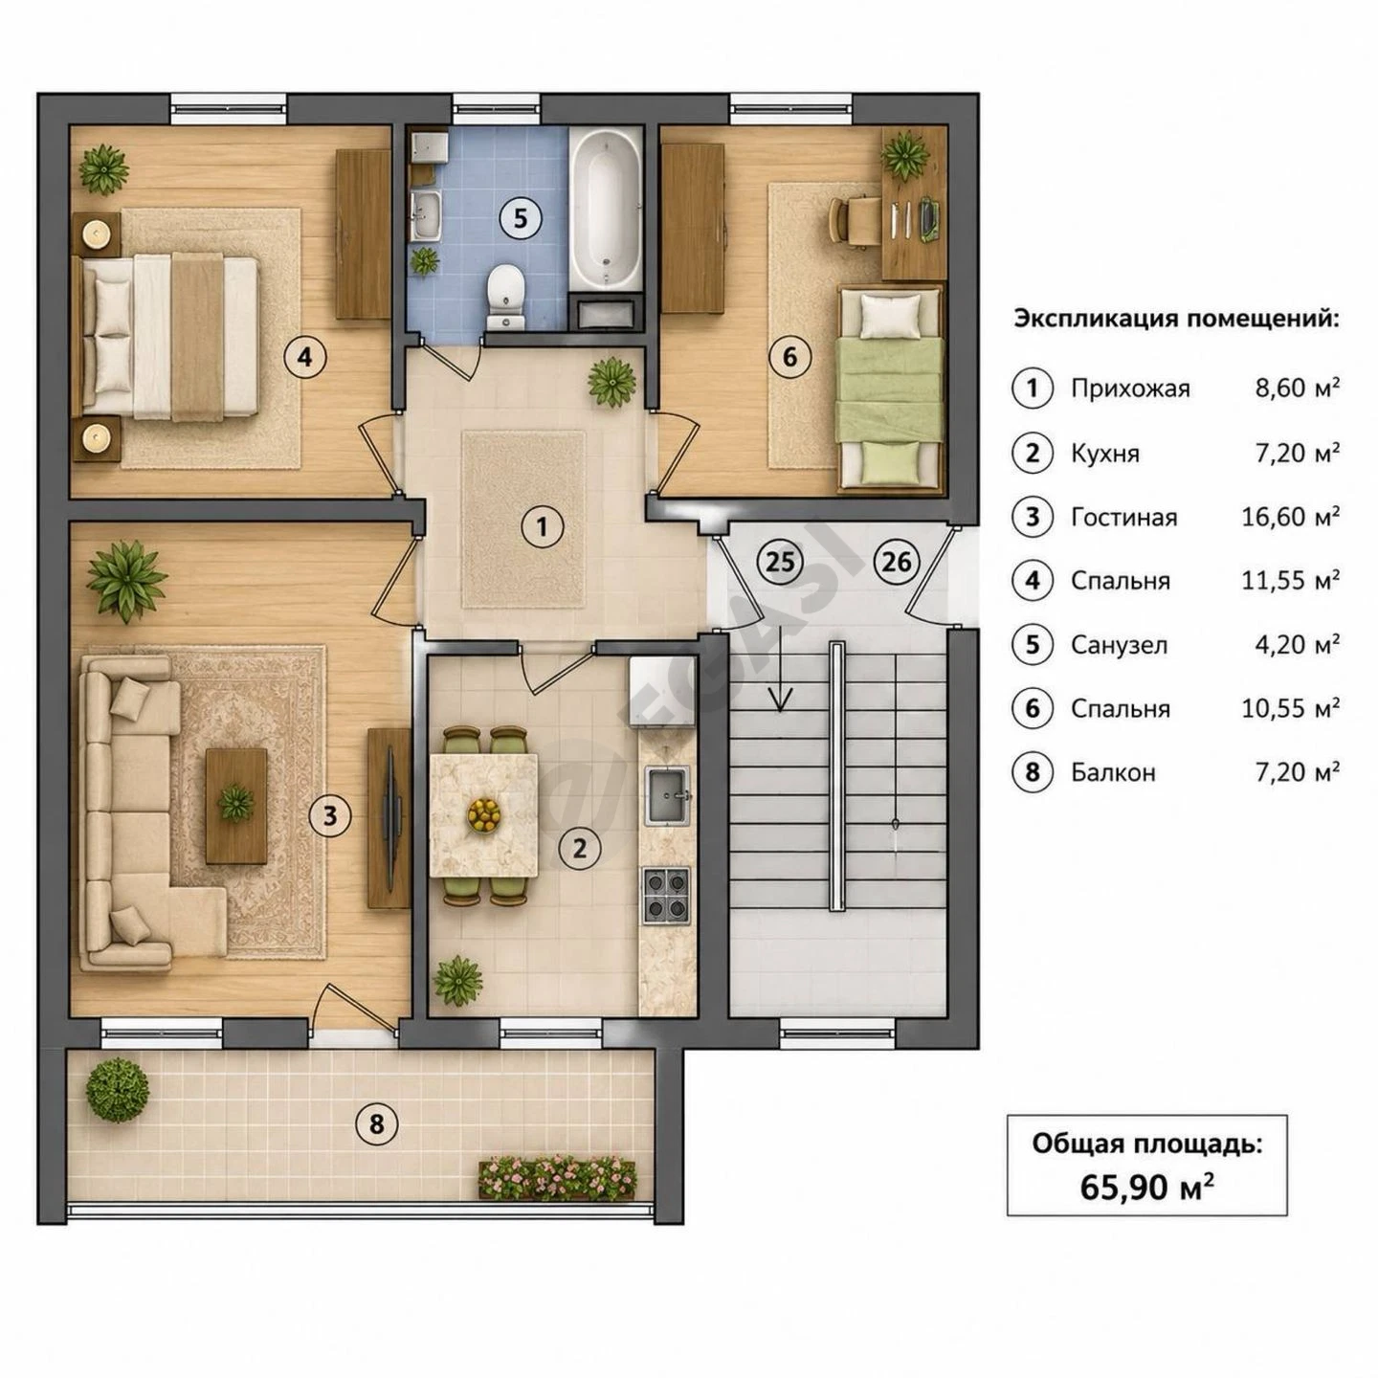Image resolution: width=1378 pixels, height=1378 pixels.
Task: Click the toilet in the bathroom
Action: click(506, 296)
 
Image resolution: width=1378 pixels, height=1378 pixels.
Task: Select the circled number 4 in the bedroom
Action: click(305, 355)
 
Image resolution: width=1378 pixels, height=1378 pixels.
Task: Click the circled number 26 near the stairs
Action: click(896, 562)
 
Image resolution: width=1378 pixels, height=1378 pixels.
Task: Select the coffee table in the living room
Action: click(236, 806)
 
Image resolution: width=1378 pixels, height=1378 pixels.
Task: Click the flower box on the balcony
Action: click(557, 1176)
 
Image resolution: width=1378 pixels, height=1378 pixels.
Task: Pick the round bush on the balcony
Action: click(118, 1091)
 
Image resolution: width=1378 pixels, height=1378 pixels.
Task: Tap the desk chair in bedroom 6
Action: click(853, 222)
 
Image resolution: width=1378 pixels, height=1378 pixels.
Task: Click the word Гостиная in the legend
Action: click(1123, 517)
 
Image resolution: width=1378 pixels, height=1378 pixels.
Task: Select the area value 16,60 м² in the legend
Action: click(1290, 517)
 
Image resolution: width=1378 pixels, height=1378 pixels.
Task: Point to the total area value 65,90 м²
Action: click(1146, 1188)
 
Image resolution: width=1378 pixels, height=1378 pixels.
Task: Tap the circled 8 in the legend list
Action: click(1032, 772)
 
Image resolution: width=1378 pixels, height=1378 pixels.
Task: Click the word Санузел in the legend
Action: click(1119, 646)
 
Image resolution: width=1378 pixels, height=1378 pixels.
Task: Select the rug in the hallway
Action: click(523, 520)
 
